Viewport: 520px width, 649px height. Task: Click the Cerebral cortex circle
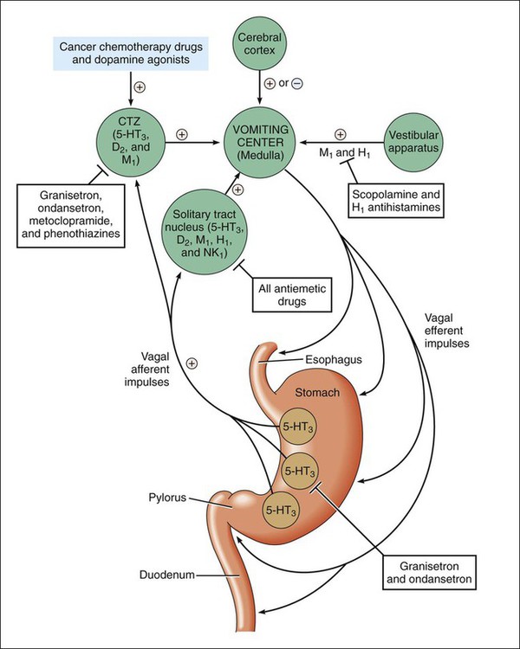point(260,43)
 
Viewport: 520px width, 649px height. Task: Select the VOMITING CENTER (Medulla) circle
point(260,143)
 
